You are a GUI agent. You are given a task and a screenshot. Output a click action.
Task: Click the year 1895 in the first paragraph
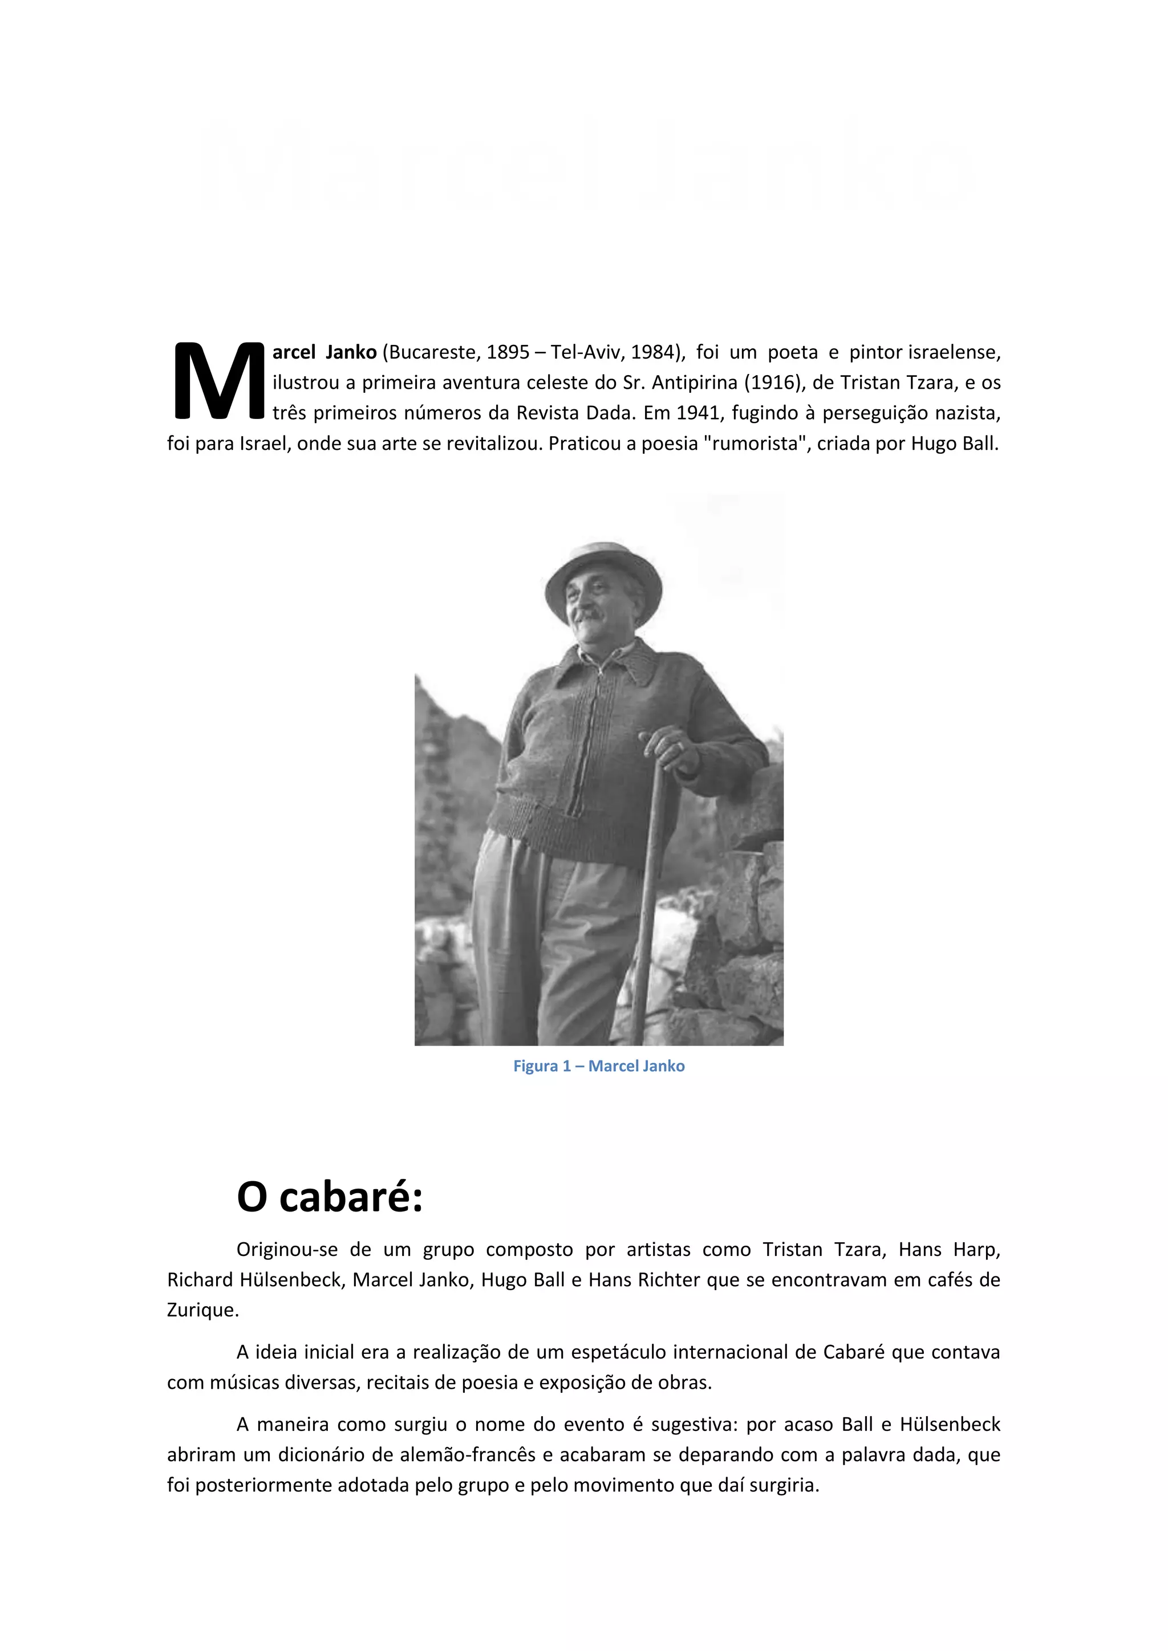coord(508,352)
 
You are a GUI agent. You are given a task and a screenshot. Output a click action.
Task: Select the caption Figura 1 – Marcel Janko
coord(598,1066)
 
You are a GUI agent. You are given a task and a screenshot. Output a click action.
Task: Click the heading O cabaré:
coord(330,1197)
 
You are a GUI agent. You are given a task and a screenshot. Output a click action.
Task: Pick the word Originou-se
coord(287,1250)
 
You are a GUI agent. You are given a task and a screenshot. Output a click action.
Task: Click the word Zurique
coord(202,1310)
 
